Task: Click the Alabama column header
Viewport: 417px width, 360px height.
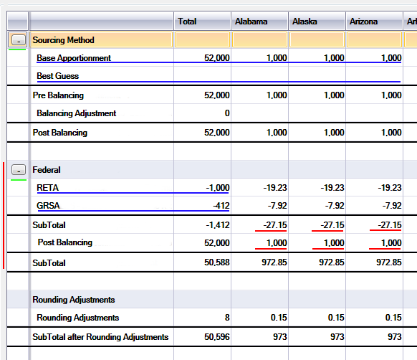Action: (251, 22)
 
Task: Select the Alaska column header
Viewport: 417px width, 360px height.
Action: (305, 22)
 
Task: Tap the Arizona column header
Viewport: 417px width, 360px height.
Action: (363, 22)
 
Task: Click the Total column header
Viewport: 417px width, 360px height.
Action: (187, 22)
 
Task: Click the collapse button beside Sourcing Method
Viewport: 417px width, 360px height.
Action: (19, 40)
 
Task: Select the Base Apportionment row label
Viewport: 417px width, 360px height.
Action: (74, 58)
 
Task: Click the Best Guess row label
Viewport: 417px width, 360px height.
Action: (58, 76)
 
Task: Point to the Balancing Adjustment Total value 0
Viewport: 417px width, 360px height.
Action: (227, 113)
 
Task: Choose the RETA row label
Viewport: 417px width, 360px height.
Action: (47, 188)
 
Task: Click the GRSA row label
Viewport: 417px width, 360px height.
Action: (48, 206)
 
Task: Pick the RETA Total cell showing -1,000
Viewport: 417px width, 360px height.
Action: (218, 188)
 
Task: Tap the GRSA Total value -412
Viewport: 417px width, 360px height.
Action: (221, 206)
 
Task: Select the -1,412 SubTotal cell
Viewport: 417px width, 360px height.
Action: (218, 225)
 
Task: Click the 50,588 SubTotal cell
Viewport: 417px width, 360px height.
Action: (217, 262)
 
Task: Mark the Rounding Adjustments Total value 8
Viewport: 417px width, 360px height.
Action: (227, 318)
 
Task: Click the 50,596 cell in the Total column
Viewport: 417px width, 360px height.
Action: (217, 337)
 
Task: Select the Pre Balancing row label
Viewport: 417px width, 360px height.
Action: (58, 95)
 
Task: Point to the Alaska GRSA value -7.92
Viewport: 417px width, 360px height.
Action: (335, 206)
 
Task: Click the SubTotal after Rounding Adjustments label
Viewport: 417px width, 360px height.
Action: (100, 337)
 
